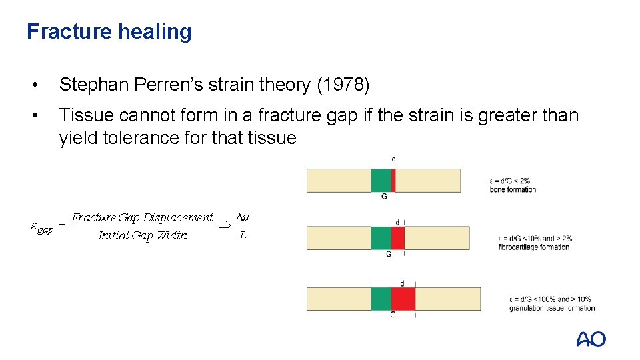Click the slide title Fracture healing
(x=109, y=31)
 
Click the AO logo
(x=591, y=339)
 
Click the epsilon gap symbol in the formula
(x=42, y=227)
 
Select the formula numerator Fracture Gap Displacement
(x=143, y=217)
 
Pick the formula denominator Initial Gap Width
(x=143, y=235)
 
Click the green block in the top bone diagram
(x=381, y=180)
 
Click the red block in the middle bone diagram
(x=397, y=238)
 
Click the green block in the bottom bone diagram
(x=381, y=299)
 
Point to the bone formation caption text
(x=513, y=189)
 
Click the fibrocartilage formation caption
(x=533, y=247)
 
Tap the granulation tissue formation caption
(x=551, y=308)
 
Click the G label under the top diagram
(x=384, y=197)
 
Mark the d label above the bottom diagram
(x=402, y=283)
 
